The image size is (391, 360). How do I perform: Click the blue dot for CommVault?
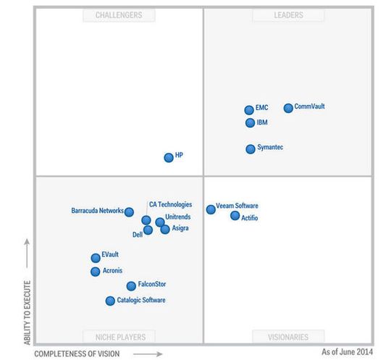(288, 108)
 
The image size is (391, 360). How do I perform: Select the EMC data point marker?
(249, 110)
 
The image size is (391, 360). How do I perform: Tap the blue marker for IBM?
(251, 123)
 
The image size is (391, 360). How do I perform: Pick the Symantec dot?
(251, 149)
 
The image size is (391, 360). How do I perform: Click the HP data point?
(169, 157)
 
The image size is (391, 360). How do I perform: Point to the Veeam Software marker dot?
(211, 209)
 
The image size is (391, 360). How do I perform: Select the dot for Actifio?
(235, 216)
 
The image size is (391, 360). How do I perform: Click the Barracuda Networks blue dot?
(129, 212)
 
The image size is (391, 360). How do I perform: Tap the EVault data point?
(96, 258)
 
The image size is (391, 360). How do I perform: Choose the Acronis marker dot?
(96, 272)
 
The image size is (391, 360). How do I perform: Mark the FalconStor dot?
(131, 286)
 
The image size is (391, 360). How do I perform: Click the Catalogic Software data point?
(110, 301)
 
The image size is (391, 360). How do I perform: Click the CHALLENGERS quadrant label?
(119, 14)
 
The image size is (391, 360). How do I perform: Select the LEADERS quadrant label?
(289, 14)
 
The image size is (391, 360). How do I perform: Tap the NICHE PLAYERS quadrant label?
(119, 337)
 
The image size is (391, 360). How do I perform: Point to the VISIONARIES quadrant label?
(287, 337)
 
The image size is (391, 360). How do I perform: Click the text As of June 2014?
(348, 352)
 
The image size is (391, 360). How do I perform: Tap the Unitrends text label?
(178, 217)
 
